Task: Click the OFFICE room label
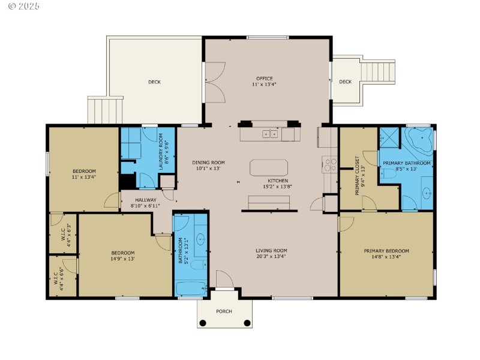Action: click(x=264, y=79)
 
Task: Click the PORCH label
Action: click(x=224, y=311)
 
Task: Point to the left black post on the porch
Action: click(x=203, y=323)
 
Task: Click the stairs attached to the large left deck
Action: click(x=105, y=110)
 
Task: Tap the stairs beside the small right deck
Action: click(x=379, y=72)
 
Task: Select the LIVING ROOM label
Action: click(x=271, y=251)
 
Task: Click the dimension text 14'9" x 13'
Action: click(x=122, y=259)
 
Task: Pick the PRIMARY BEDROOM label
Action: click(x=386, y=251)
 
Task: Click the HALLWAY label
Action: click(x=145, y=200)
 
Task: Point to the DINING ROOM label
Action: click(x=208, y=163)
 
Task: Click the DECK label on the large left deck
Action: click(x=154, y=82)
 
